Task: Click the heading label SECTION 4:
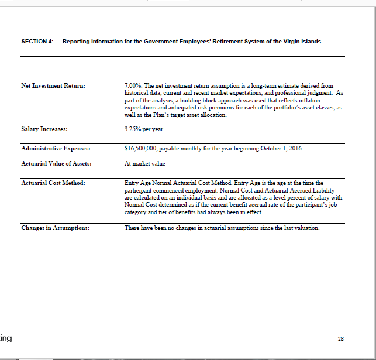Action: pyautogui.click(x=37, y=42)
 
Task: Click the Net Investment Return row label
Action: pyautogui.click(x=53, y=87)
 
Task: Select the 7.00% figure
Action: pyautogui.click(x=133, y=86)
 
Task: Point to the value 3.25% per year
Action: pyautogui.click(x=144, y=129)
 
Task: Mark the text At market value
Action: pyautogui.click(x=145, y=164)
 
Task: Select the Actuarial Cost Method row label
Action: pyautogui.click(x=53, y=183)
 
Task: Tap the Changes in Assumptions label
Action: pyautogui.click(x=55, y=228)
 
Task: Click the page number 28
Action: pyautogui.click(x=341, y=338)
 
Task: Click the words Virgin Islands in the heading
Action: pyautogui.click(x=301, y=42)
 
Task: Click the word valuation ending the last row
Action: pyautogui.click(x=306, y=228)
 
